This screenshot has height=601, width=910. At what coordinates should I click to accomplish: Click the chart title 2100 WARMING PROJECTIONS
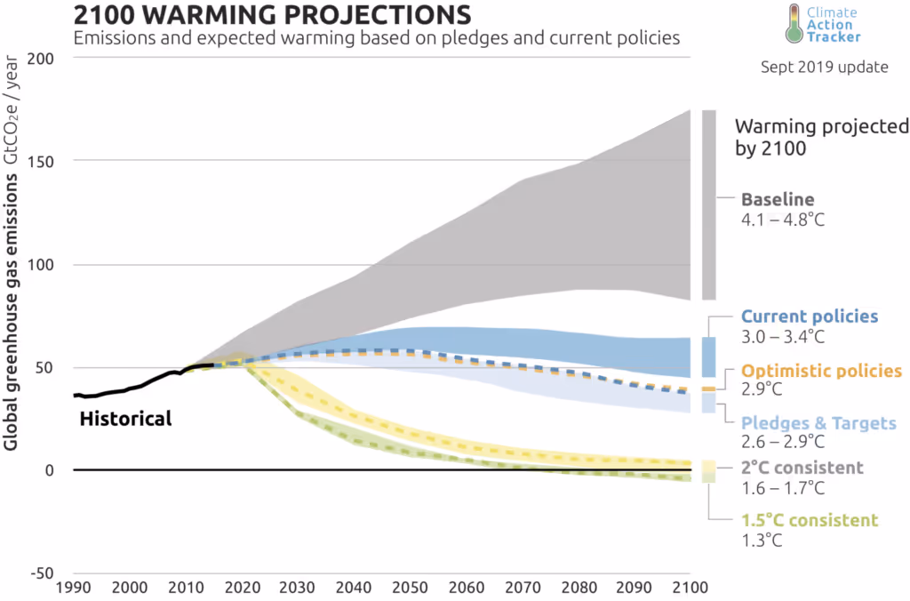(x=272, y=15)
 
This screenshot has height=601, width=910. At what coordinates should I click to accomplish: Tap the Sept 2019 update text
(x=824, y=68)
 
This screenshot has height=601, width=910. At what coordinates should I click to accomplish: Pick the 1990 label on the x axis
(x=73, y=588)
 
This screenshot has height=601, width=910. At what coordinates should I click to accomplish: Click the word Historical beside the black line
(x=125, y=418)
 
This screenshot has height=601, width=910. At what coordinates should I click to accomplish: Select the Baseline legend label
(x=778, y=199)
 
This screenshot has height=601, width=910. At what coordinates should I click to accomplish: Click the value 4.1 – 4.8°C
(x=783, y=219)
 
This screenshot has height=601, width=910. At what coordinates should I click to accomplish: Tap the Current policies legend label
(x=809, y=317)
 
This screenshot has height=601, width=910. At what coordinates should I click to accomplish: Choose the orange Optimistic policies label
(x=821, y=371)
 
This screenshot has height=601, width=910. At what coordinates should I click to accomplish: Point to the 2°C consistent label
(x=802, y=468)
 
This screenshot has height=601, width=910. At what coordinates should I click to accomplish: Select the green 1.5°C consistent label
(x=809, y=520)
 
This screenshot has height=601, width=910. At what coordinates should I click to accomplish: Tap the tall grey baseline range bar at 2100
(x=708, y=204)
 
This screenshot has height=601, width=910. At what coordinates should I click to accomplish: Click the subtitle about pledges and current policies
(x=377, y=38)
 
